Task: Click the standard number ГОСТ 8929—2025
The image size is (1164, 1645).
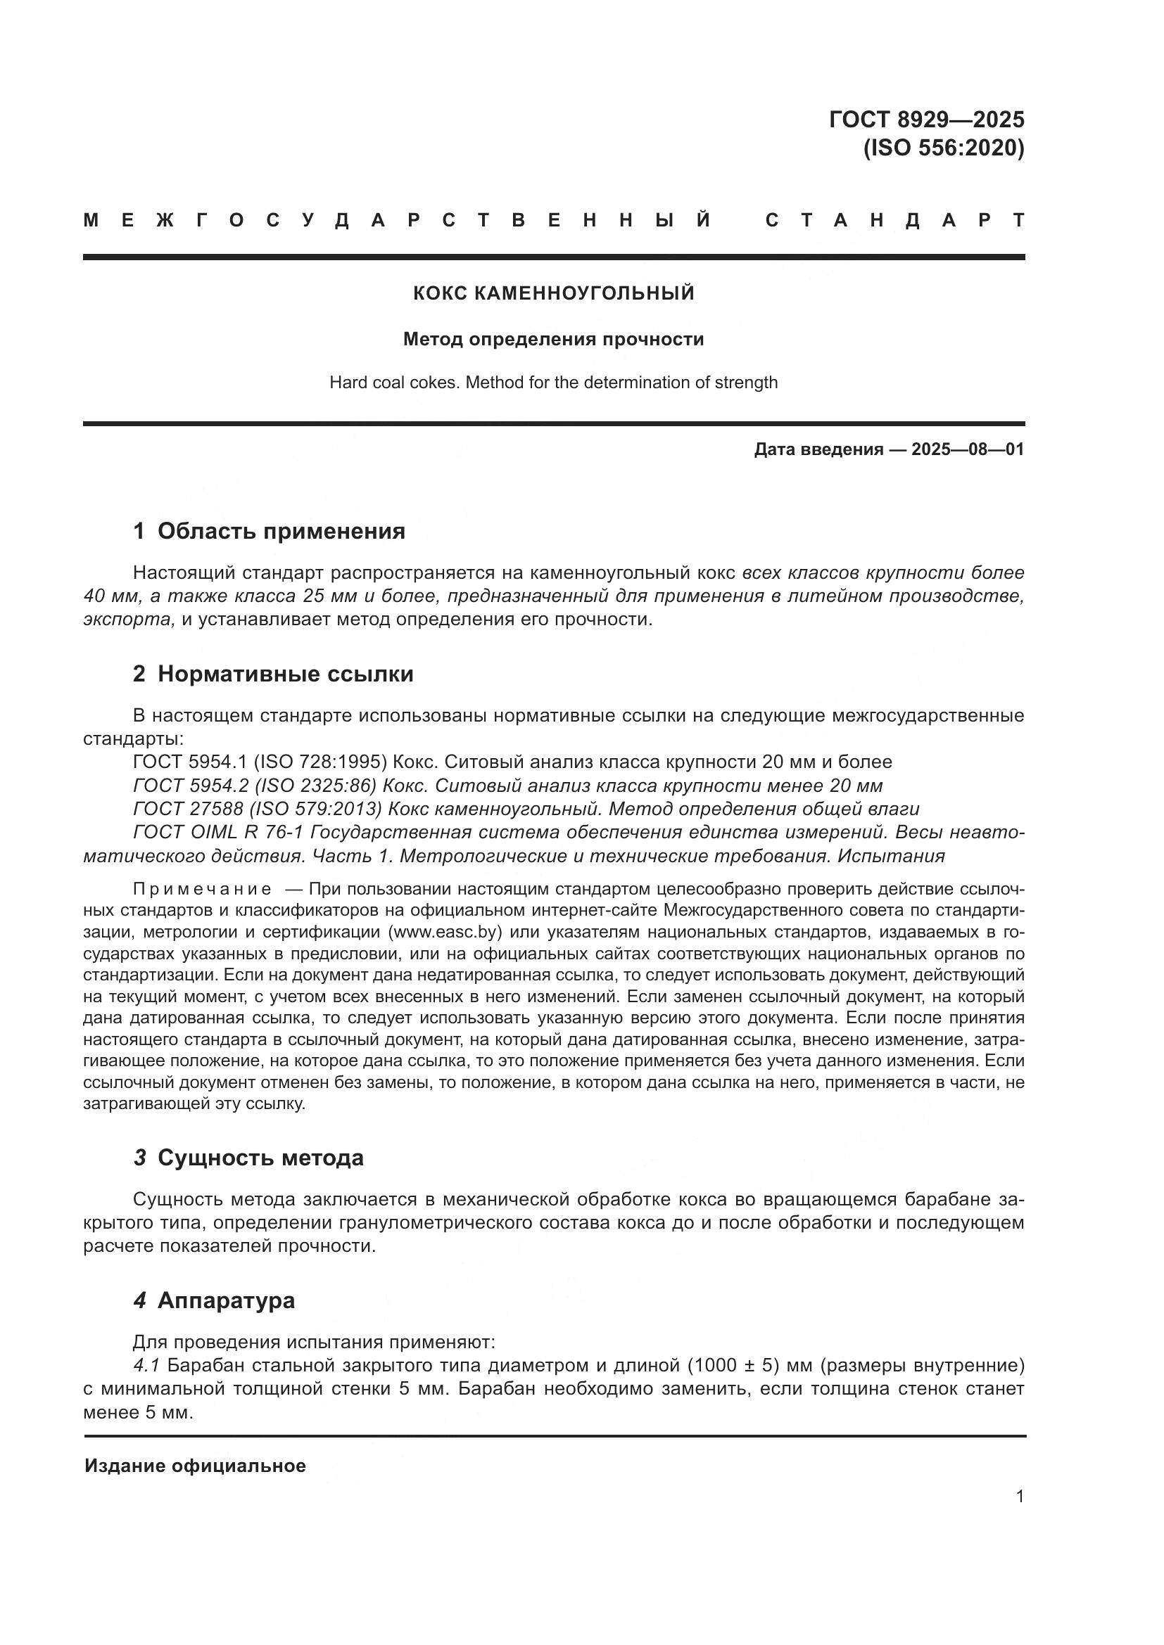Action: tap(926, 119)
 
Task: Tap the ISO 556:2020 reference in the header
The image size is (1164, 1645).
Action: tap(943, 148)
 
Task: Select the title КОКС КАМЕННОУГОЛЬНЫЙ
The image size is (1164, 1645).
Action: tap(553, 293)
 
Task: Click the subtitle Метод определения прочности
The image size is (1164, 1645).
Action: tap(553, 339)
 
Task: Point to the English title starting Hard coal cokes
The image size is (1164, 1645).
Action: tap(553, 383)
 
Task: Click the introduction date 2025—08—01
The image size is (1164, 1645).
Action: tap(968, 450)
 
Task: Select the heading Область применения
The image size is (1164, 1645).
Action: tap(281, 531)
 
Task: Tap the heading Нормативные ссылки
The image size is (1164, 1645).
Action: tap(285, 674)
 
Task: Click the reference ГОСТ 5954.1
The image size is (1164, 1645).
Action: tap(190, 762)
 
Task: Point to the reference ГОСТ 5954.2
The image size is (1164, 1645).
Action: tap(190, 786)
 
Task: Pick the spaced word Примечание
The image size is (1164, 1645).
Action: tap(202, 890)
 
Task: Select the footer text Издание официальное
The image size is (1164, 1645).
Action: tap(195, 1466)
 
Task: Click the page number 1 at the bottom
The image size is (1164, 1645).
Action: tap(1019, 1496)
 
